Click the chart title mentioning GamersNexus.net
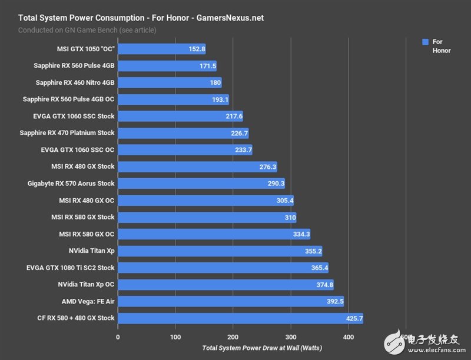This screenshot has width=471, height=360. click(141, 18)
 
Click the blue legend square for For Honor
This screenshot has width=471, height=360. click(425, 42)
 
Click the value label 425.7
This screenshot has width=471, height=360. click(353, 318)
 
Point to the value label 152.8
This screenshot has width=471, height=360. click(195, 49)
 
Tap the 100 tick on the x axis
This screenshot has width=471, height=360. click(175, 337)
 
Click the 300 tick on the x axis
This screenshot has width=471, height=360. click(290, 337)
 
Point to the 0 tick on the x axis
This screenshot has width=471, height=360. click(118, 337)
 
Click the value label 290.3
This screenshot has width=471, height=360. click(275, 184)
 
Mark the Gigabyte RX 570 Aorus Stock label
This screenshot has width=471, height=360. click(71, 184)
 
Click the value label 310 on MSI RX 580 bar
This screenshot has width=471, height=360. click(288, 217)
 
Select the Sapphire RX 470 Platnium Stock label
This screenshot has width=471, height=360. click(67, 133)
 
